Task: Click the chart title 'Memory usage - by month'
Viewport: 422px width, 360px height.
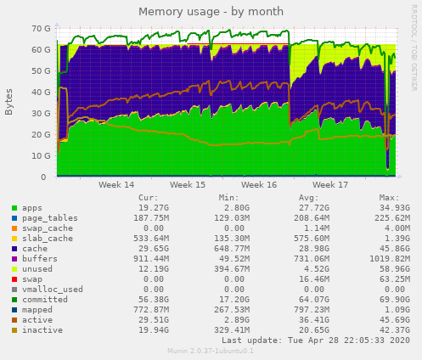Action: pos(211,11)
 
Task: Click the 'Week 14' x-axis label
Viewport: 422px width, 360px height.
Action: pos(116,184)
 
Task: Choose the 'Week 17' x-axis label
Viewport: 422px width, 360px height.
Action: pos(324,184)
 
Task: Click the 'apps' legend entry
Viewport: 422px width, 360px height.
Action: pos(32,207)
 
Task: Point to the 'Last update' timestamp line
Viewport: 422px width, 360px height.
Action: pos(315,340)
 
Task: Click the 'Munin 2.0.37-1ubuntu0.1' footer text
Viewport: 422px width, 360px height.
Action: pos(211,351)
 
